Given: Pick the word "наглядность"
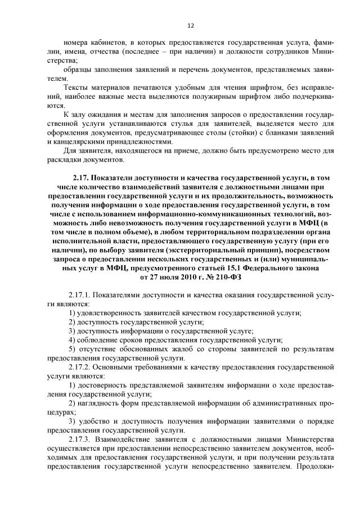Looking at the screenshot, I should pyautogui.click(x=99, y=403).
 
